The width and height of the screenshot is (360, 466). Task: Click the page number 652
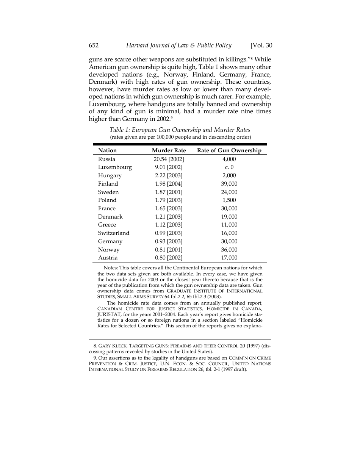[x=94, y=45]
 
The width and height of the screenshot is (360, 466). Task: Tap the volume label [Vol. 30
[x=261, y=45]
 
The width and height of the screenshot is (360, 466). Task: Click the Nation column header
[x=107, y=150]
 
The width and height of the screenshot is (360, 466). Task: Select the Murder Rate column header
[x=169, y=150]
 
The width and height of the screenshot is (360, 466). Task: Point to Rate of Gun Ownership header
[x=229, y=150]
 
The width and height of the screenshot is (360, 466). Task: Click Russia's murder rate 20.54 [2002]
[x=169, y=159]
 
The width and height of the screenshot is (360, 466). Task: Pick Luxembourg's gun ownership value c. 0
[x=229, y=167]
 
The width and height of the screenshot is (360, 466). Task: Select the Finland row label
[x=108, y=184]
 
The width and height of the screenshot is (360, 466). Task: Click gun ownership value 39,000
[x=229, y=184]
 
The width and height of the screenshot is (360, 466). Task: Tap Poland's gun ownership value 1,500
[x=229, y=200]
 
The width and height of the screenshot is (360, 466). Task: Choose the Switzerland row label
[x=114, y=233]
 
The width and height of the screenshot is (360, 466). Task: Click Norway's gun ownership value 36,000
[x=229, y=250]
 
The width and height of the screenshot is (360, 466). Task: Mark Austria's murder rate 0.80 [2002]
[x=169, y=258]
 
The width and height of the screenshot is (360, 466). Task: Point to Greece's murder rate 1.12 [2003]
[x=169, y=225]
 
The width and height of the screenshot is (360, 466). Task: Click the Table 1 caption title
[x=180, y=130]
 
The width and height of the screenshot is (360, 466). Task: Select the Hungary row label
[x=110, y=175]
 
